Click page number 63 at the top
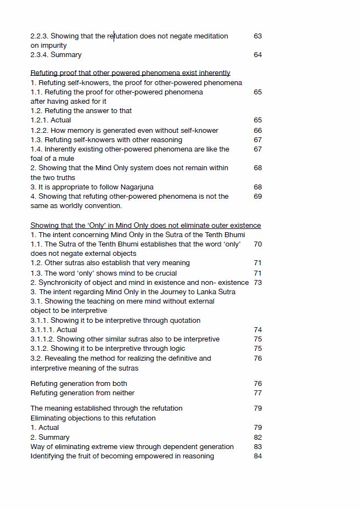pos(257,36)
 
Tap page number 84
pos(257,456)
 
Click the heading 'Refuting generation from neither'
pos(82,393)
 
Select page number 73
pos(257,283)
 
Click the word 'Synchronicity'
pos(61,283)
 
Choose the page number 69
pos(257,197)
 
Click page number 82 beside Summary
pos(257,438)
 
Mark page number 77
pos(257,393)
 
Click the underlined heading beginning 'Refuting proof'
pos(130,73)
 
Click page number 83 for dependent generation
pos(257,447)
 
